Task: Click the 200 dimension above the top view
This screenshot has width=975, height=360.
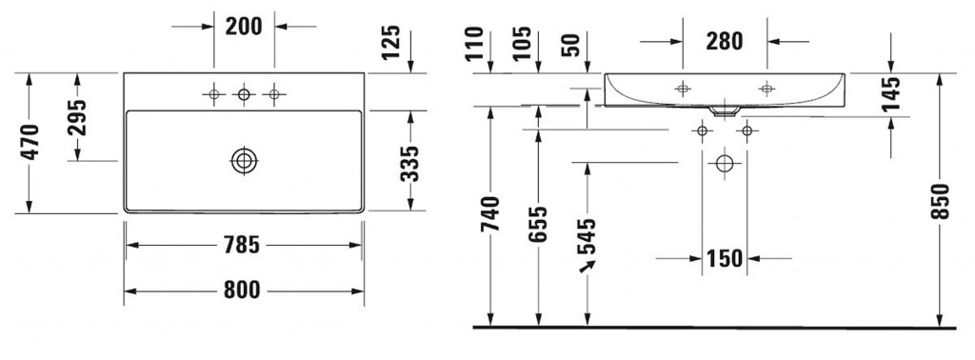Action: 244,27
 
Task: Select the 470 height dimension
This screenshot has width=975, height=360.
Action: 30,143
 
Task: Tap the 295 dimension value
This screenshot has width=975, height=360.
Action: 77,117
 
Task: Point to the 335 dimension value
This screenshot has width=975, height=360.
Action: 409,164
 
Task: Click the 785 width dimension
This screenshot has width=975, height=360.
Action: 242,245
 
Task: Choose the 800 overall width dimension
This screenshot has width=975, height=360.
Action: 242,290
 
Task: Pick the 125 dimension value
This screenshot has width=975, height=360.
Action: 391,42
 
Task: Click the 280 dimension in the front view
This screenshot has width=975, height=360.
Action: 725,41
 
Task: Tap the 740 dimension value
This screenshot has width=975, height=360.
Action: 491,214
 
